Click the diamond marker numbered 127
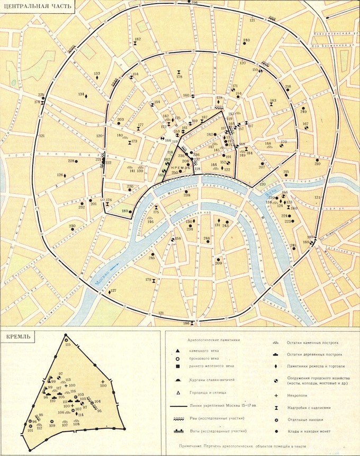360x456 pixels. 110,292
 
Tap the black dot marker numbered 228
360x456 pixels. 77,161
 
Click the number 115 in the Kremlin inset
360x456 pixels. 67,345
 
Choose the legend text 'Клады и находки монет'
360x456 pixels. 309,431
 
